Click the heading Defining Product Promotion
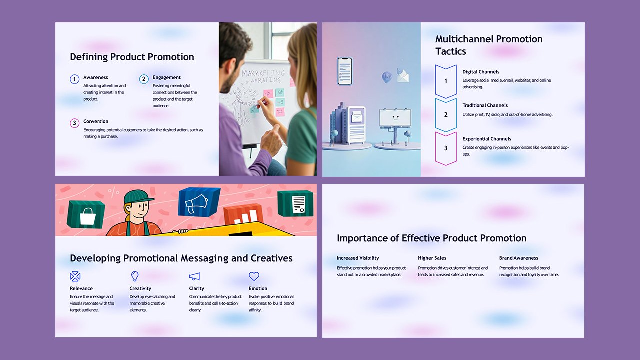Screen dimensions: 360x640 coord(132,57)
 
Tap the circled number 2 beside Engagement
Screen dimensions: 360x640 coord(144,79)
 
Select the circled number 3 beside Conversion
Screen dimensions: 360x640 coord(74,123)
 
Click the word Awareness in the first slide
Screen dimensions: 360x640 coord(96,77)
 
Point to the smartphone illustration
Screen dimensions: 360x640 coord(344,71)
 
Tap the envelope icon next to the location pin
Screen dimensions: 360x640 coord(403,75)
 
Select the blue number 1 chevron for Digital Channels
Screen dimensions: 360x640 coord(446,81)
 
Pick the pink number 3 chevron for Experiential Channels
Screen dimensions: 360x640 coord(446,148)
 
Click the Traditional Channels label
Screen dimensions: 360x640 coord(485,105)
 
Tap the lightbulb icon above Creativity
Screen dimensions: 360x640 coord(134,276)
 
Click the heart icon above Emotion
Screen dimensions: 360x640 coord(254,276)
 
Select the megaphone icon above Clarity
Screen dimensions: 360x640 coord(194,276)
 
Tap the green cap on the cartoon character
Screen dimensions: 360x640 coord(139,196)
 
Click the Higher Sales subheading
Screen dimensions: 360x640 coord(432,258)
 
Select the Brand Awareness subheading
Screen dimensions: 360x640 coord(518,258)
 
